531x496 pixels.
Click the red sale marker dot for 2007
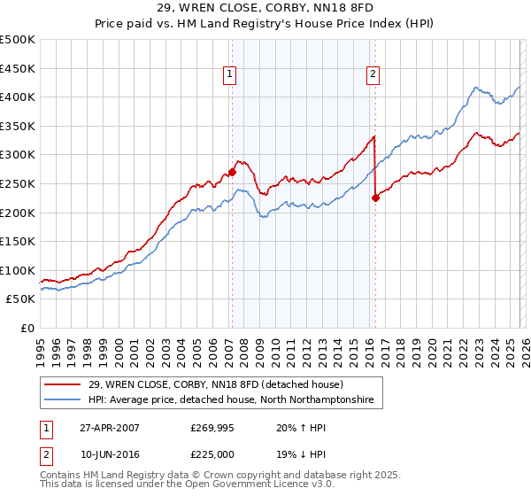232,172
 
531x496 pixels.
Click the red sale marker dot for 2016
375,198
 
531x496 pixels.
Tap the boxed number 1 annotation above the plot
229,74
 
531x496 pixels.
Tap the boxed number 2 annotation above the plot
373,74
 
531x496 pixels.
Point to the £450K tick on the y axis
18,68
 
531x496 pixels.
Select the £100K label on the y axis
18,270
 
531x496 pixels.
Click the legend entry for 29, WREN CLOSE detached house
221,384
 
